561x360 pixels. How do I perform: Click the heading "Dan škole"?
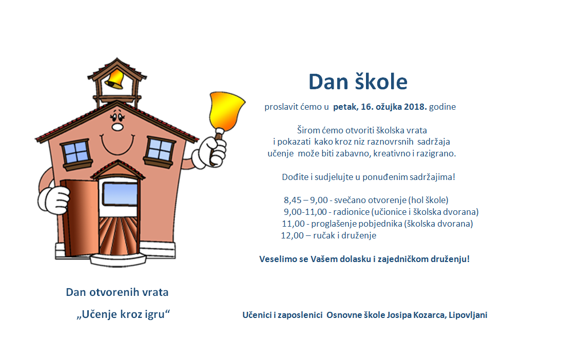[x=358, y=82]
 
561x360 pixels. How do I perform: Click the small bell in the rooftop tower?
[x=115, y=79]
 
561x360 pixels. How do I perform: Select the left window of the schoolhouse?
[x=76, y=153]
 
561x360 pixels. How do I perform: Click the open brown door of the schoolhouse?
[x=80, y=217]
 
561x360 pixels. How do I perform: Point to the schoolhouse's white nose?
[x=118, y=127]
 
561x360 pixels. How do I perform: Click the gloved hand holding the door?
[x=54, y=200]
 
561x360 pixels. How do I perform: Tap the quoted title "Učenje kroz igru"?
[x=123, y=314]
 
